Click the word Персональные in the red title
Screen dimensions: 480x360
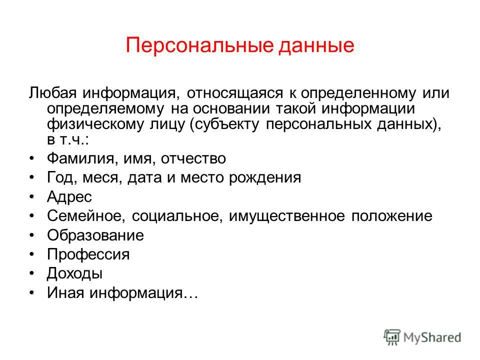[199, 46]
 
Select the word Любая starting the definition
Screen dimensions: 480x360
[52, 93]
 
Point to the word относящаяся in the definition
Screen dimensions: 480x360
[235, 93]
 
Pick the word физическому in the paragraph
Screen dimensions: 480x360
[95, 124]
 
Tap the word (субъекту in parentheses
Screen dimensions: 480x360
[224, 124]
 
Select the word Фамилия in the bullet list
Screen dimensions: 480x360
[80, 158]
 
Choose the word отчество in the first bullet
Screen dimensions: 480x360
[193, 158]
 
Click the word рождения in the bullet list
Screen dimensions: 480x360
[265, 178]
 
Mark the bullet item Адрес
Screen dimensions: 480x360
[69, 197]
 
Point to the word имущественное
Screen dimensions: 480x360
[287, 216]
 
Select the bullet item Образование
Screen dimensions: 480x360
[95, 235]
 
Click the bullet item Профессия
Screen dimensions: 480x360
[88, 254]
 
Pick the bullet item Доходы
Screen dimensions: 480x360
[74, 273]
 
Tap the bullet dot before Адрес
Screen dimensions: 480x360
[32, 197]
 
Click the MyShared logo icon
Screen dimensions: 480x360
[392, 337]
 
